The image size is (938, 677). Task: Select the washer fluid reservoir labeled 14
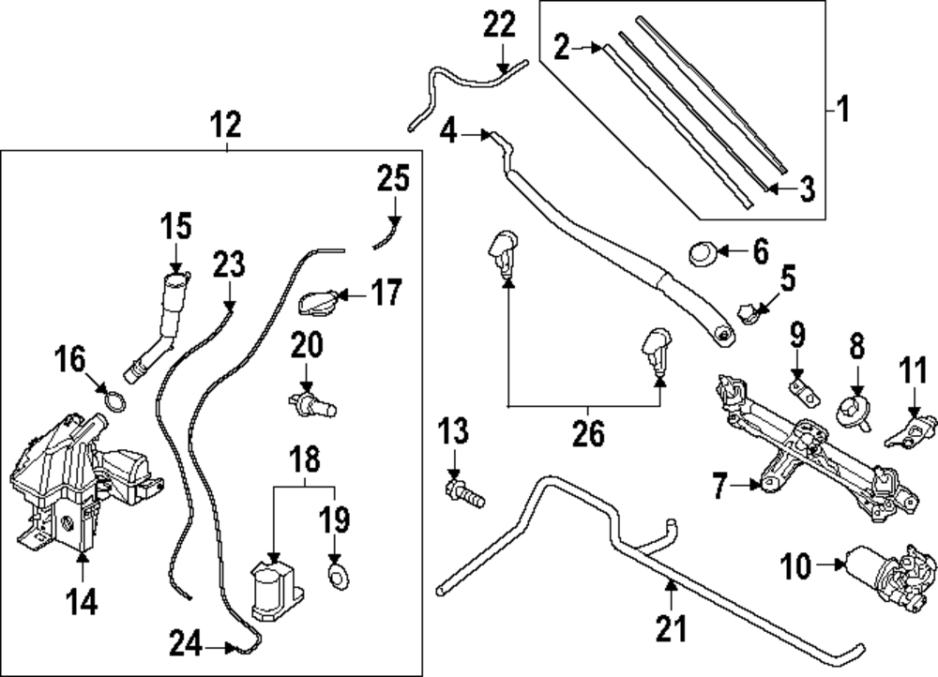[x=70, y=478]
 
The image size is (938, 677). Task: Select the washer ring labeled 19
[x=336, y=573]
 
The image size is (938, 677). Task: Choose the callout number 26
[x=588, y=434]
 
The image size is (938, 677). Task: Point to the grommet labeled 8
[x=854, y=409]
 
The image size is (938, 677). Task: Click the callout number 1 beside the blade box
[x=841, y=112]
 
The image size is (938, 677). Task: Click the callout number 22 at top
[x=501, y=25]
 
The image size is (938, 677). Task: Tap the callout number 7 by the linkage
[x=719, y=486]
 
